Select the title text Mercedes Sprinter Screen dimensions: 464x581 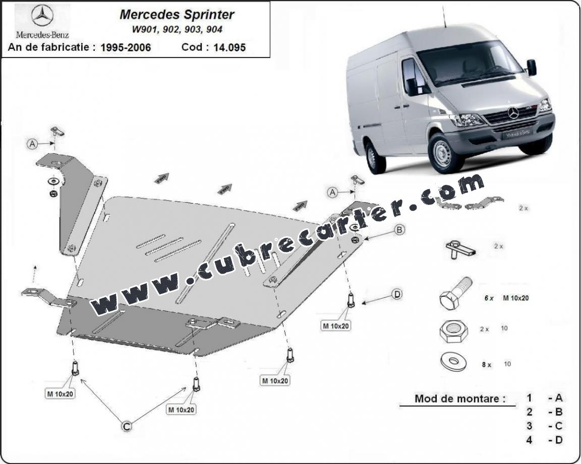coord(177,14)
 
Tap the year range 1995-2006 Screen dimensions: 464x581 coord(126,47)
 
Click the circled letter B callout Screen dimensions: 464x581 coord(399,230)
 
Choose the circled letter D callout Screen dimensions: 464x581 coord(396,294)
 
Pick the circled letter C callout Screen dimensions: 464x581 coord(127,426)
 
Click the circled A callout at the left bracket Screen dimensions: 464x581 coord(32,144)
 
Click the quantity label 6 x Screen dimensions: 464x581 coord(488,298)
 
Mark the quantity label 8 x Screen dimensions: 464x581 coord(486,365)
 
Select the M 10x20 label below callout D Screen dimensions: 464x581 coord(336,325)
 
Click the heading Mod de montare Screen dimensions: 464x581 coord(459,399)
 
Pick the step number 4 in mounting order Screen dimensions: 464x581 coord(529,440)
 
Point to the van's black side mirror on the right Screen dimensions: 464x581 coord(531,68)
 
